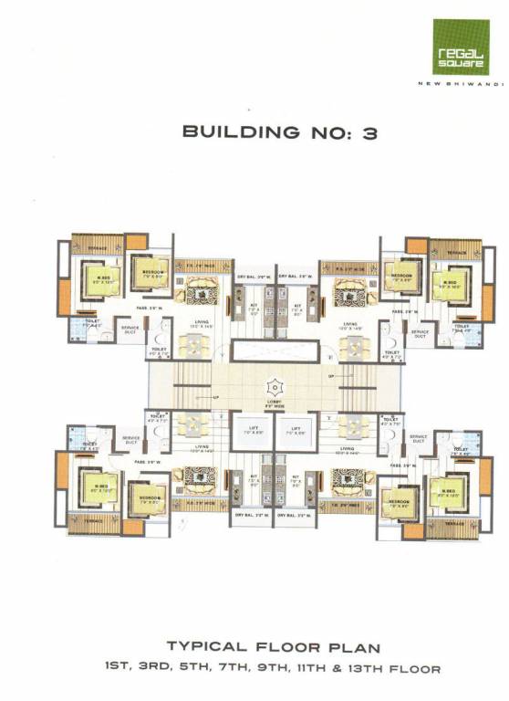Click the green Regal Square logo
(460, 47)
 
